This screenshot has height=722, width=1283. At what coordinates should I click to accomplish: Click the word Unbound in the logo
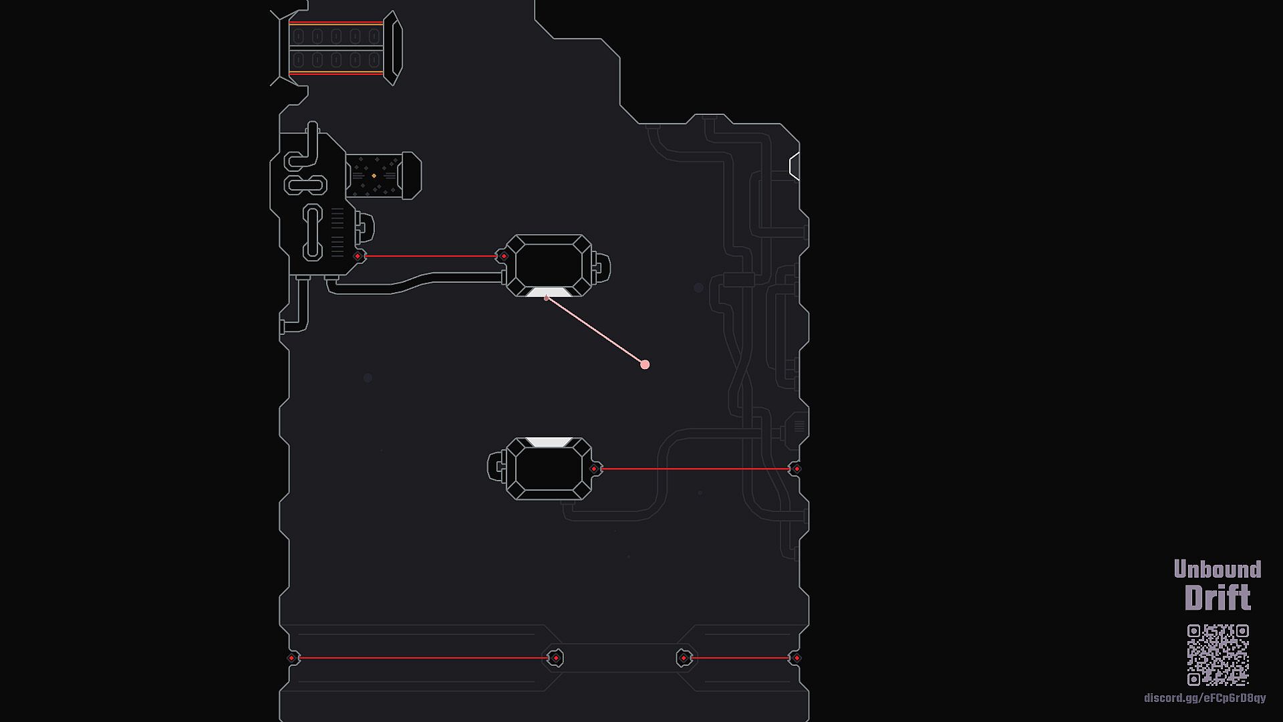coord(1217,569)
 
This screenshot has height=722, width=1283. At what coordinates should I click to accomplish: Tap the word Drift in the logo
coord(1217,598)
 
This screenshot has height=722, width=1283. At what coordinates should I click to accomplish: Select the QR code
coord(1218,654)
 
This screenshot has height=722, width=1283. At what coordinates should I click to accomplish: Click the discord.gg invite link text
coord(1204,698)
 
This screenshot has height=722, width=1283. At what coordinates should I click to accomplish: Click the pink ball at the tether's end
coord(645,364)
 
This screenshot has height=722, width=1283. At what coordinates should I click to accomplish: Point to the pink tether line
coord(595,330)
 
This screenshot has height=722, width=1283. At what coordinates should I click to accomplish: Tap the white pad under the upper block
coord(548,292)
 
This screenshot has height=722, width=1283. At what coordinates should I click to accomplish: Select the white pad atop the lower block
coord(549,442)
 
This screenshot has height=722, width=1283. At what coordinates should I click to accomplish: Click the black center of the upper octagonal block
coord(549,265)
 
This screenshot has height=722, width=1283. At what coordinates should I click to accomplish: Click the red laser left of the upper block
coord(431,256)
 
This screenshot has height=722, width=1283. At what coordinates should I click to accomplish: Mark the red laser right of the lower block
coord(695,469)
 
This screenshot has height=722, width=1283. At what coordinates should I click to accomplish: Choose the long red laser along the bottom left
coord(422,658)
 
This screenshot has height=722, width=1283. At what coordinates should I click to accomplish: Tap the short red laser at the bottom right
coord(740,658)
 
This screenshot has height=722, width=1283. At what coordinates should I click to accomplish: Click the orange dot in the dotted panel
coord(374,176)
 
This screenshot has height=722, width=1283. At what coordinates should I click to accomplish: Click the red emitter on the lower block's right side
coord(594,469)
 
